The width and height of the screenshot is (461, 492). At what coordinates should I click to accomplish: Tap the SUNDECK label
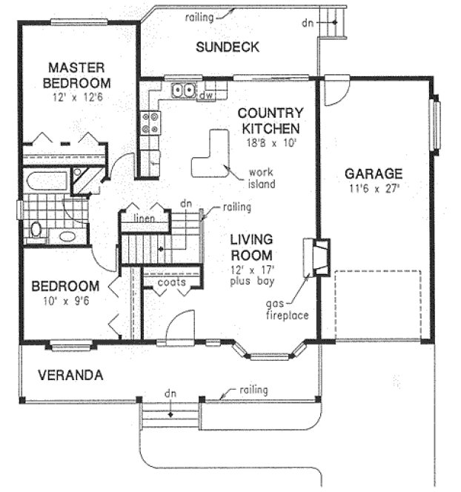point(227,47)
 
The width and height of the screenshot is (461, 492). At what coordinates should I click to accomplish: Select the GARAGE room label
point(374,173)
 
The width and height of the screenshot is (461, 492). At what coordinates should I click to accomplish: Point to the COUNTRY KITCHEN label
point(271,120)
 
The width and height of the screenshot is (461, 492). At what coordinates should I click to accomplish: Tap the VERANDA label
point(61,374)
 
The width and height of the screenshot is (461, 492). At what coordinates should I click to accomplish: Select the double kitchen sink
point(184,92)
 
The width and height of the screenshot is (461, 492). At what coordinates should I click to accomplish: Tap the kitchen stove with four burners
point(150,122)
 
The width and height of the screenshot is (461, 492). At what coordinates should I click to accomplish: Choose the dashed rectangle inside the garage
point(378,305)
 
